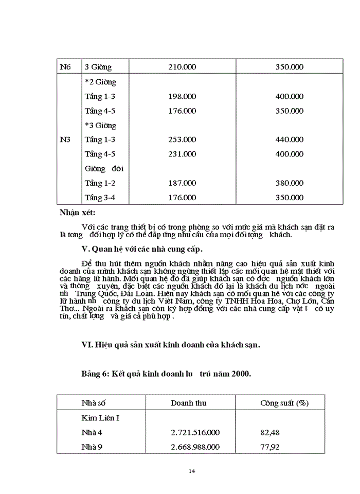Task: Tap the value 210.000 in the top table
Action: [x=182, y=67]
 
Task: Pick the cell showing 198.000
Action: [x=182, y=96]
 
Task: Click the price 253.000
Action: [x=182, y=139]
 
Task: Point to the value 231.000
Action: [x=182, y=154]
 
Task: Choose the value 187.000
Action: [x=182, y=183]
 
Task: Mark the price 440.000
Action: [x=289, y=139]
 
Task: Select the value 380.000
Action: [x=289, y=183]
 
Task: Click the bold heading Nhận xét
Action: [x=77, y=212]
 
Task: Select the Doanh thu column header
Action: [x=189, y=403]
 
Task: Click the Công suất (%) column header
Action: [x=284, y=403]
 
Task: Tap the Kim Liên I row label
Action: [x=100, y=418]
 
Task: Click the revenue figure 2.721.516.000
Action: [x=195, y=433]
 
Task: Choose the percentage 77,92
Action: [x=270, y=447]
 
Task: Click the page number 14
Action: [x=192, y=471]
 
